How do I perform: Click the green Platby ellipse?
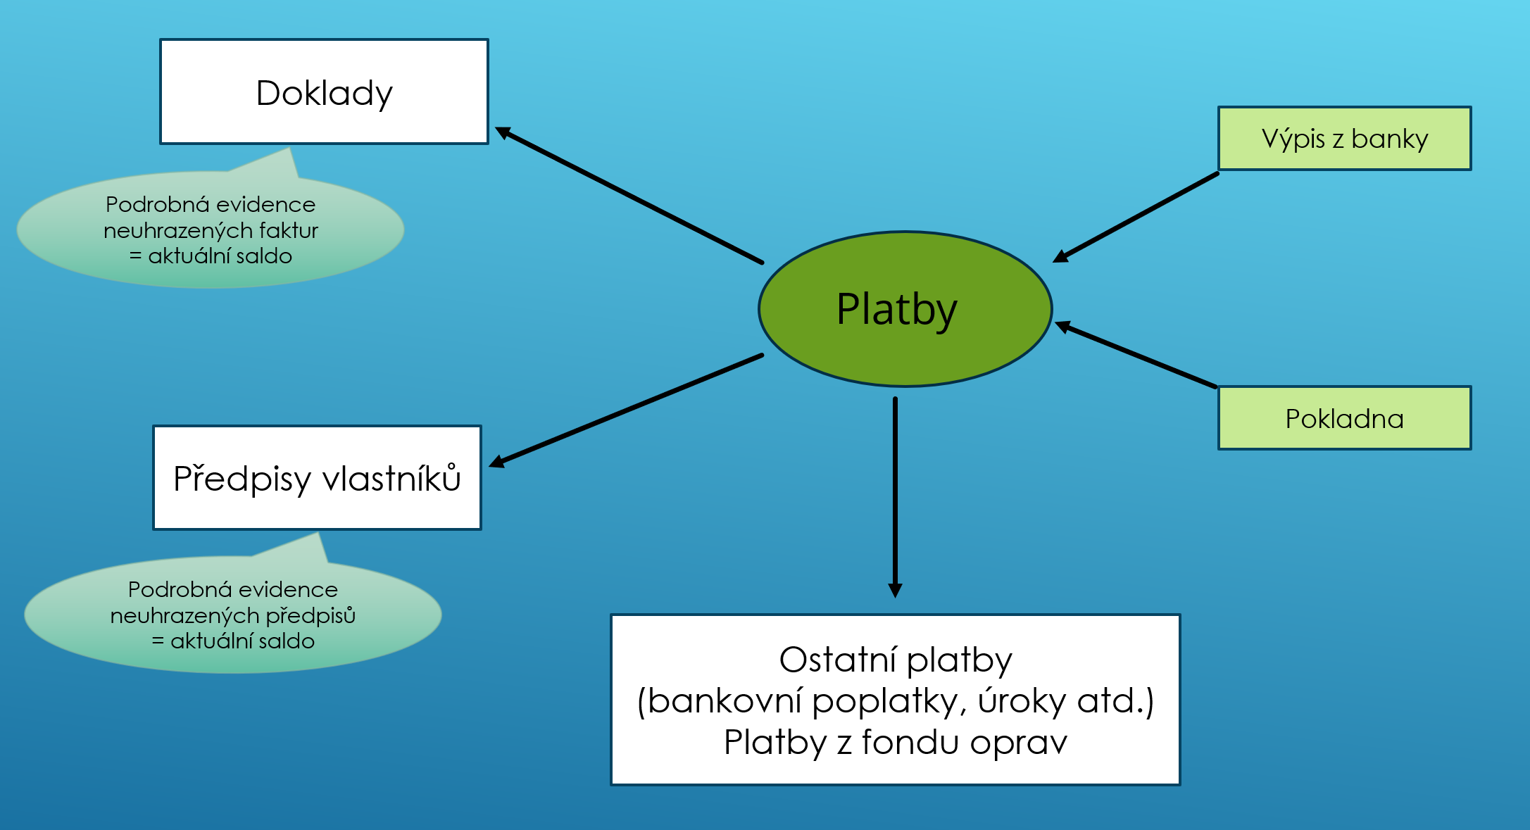[905, 309]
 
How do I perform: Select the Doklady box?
[324, 92]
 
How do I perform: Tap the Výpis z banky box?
[1345, 138]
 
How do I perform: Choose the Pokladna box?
[1345, 418]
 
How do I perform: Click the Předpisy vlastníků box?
[317, 477]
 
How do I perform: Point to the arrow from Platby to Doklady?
[629, 195]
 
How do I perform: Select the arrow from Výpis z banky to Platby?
[1136, 218]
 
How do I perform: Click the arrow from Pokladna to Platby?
[1136, 355]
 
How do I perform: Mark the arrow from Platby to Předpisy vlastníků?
[626, 410]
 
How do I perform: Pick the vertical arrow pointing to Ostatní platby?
[895, 498]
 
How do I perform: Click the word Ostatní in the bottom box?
[838, 660]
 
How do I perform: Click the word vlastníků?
[391, 478]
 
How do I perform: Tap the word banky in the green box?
[1390, 139]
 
